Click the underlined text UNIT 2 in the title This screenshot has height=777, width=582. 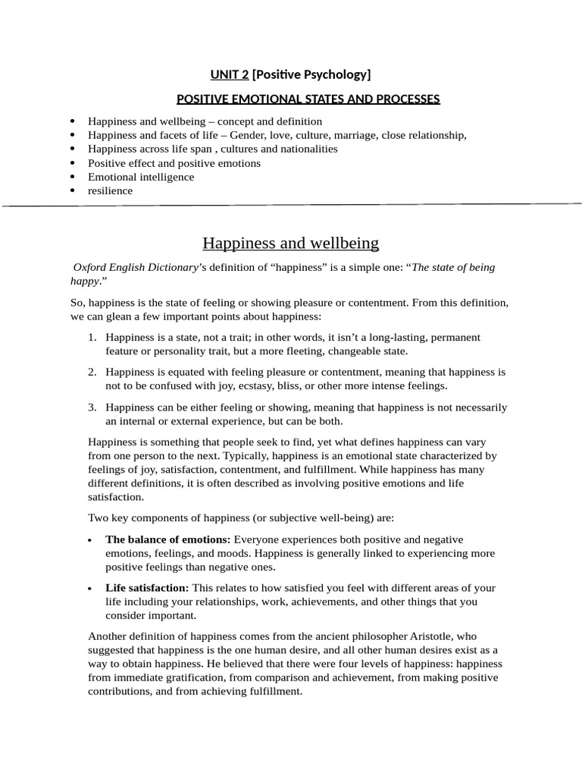230,74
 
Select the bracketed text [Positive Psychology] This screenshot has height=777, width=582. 311,74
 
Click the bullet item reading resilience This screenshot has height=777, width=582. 110,190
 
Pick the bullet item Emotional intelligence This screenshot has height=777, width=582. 141,177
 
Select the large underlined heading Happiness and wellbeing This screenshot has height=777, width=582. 290,244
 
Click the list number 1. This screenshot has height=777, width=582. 92,337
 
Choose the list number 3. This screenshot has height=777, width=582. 92,407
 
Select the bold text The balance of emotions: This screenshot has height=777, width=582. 168,539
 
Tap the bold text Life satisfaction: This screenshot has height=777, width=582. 147,588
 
